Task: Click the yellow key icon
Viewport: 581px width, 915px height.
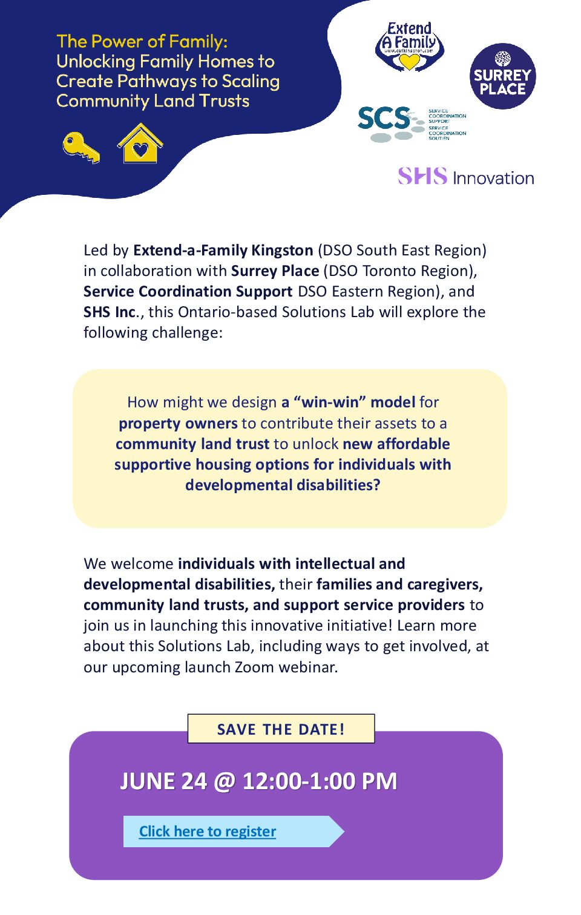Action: [x=81, y=147]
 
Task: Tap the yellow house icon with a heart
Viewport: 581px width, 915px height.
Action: [x=140, y=144]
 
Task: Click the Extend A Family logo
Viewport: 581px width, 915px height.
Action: [x=410, y=47]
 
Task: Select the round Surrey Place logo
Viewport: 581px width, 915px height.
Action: [x=502, y=76]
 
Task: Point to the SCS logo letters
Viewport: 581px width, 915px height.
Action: [x=384, y=119]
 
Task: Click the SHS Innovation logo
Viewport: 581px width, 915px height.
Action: [x=465, y=177]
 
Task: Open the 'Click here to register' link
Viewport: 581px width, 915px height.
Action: [x=208, y=831]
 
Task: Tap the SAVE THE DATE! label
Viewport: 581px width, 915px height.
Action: [x=281, y=729]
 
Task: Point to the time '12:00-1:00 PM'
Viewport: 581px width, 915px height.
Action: [x=320, y=781]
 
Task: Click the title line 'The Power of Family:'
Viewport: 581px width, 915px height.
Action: [x=142, y=42]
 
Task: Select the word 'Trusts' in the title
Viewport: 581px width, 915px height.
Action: [x=225, y=101]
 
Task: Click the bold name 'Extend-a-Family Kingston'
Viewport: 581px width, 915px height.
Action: [x=223, y=251]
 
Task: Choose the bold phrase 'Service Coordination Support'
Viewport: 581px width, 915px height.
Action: [x=188, y=292]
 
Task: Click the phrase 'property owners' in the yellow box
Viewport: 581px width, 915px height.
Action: [x=178, y=424]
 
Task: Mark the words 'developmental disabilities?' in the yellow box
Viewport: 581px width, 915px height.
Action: [x=283, y=485]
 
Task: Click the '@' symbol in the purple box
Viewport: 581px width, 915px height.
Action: [x=225, y=781]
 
